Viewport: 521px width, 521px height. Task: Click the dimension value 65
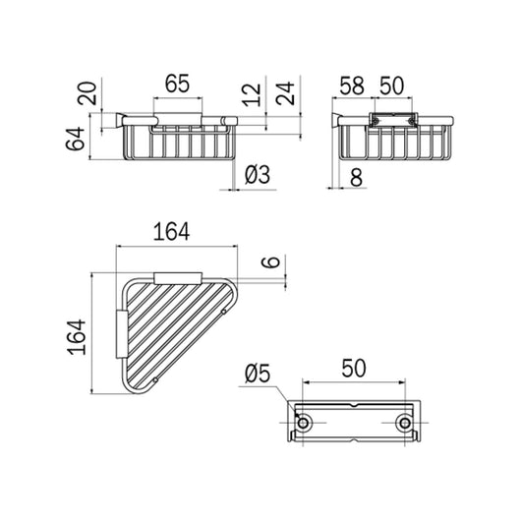pyautogui.click(x=177, y=84)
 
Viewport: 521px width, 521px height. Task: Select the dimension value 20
pyautogui.click(x=87, y=93)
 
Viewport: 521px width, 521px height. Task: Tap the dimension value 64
pyautogui.click(x=76, y=139)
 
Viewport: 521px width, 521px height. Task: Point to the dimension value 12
pyautogui.click(x=252, y=94)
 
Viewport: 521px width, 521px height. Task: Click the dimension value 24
pyautogui.click(x=285, y=93)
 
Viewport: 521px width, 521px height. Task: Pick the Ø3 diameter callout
pyautogui.click(x=258, y=174)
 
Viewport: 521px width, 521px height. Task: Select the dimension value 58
pyautogui.click(x=352, y=86)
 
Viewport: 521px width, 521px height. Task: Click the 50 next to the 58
pyautogui.click(x=392, y=86)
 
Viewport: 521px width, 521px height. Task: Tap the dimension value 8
pyautogui.click(x=356, y=177)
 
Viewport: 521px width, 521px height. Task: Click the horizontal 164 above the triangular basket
pyautogui.click(x=171, y=232)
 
